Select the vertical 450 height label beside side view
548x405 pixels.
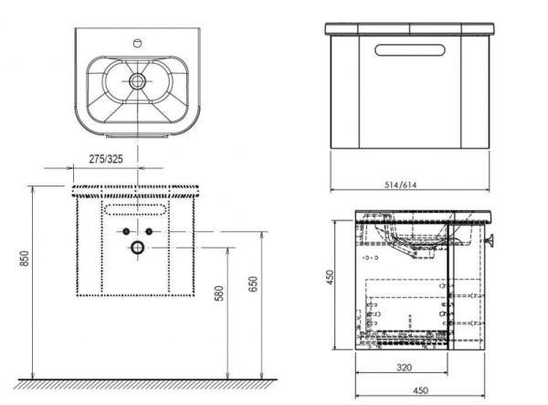point(335,278)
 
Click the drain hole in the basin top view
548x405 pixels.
point(137,81)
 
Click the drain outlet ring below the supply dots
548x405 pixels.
point(136,247)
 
